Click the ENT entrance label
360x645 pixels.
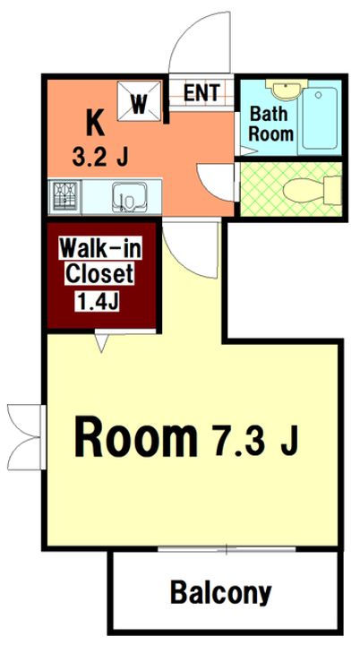(x=201, y=92)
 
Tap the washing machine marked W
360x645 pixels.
(x=139, y=100)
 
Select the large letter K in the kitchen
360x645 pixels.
(x=95, y=123)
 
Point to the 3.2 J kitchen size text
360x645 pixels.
(x=100, y=156)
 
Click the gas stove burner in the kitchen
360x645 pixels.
(x=65, y=196)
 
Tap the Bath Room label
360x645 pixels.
(x=271, y=124)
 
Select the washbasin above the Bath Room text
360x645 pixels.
(x=287, y=88)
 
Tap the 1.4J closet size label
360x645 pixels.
(x=97, y=303)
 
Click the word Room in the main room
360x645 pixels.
(x=136, y=436)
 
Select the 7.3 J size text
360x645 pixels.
(x=253, y=440)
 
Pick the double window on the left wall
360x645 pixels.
(x=26, y=437)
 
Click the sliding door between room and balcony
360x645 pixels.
(x=227, y=549)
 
